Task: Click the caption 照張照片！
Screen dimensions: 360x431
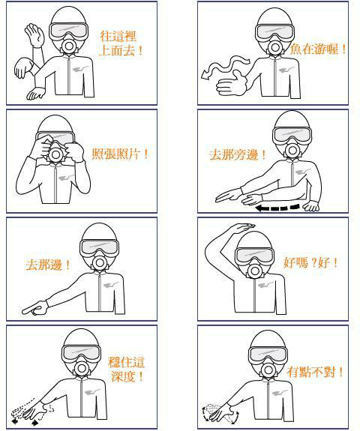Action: (x=120, y=154)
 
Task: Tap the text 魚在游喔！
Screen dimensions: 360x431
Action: (x=318, y=49)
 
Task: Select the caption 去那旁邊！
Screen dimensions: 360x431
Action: (x=238, y=154)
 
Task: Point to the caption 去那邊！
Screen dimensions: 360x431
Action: (x=48, y=265)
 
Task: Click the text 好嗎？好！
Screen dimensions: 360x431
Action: (x=310, y=263)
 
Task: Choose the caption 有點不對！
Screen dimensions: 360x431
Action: (x=315, y=372)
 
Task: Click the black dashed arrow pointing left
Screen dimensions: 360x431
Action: (x=277, y=208)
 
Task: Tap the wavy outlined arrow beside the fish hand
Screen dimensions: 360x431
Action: (x=225, y=67)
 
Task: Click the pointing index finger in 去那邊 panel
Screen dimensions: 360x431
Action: (x=35, y=309)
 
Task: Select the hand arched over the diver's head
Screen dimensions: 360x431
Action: (x=242, y=228)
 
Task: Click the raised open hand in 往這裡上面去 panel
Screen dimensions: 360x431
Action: (x=34, y=35)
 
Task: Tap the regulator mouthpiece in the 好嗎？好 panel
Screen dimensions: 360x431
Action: (x=255, y=271)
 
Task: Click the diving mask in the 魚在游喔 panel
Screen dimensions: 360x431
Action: (x=274, y=32)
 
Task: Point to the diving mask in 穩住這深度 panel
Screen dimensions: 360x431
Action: (x=81, y=352)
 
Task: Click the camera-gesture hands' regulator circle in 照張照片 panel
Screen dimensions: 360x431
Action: (x=55, y=154)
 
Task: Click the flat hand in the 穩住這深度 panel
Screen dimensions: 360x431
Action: (x=34, y=410)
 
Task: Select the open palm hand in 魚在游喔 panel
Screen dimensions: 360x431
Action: (x=232, y=83)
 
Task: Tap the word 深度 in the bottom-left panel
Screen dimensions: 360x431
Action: (x=123, y=376)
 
